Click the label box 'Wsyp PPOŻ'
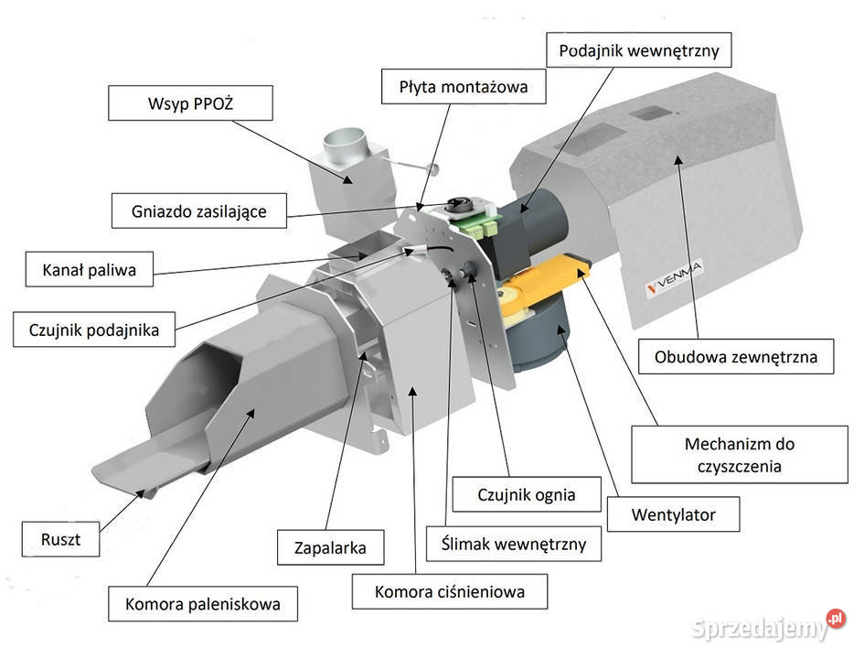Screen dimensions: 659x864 tap(190, 103)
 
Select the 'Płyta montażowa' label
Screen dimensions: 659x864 tap(464, 88)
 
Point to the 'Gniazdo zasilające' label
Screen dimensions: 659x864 tap(197, 211)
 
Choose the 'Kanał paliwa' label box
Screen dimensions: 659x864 tap(90, 270)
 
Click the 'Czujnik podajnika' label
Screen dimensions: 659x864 tap(93, 329)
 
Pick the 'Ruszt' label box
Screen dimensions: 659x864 tap(60, 539)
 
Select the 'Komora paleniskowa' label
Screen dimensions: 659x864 tap(203, 604)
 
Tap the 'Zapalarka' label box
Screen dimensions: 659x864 tap(331, 548)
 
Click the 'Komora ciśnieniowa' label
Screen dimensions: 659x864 tap(450, 591)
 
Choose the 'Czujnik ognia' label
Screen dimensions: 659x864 tap(527, 495)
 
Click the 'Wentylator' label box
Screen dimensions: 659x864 tap(673, 514)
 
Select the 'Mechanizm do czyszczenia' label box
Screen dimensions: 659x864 tap(739, 455)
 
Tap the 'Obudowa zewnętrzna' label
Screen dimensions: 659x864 tap(735, 356)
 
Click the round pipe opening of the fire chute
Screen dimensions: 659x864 tap(345, 143)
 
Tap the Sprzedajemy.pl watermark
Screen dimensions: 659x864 tap(768, 628)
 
